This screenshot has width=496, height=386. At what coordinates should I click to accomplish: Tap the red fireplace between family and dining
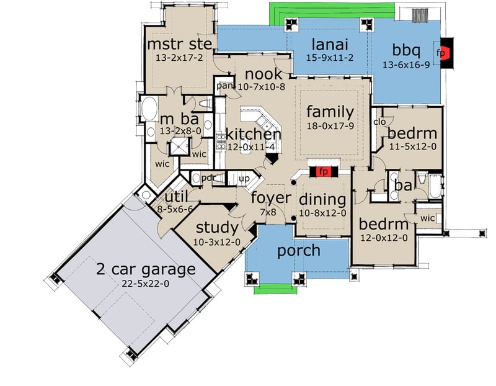pyautogui.click(x=322, y=171)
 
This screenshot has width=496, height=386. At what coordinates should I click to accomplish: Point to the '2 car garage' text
pyautogui.click(x=146, y=269)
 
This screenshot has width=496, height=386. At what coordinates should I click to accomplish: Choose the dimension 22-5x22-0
pyautogui.click(x=146, y=284)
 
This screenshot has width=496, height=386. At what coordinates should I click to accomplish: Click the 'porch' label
pyautogui.click(x=299, y=251)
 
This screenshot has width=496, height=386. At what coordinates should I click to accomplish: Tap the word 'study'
pyautogui.click(x=216, y=227)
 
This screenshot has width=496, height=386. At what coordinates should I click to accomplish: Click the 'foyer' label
pyautogui.click(x=271, y=199)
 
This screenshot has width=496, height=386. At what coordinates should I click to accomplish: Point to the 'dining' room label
pyautogui.click(x=322, y=200)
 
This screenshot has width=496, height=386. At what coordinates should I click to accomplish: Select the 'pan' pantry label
pyautogui.click(x=224, y=86)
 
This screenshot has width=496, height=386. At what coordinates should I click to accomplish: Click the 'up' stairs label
pyautogui.click(x=244, y=179)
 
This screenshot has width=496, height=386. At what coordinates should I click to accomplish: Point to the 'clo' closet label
pyautogui.click(x=380, y=122)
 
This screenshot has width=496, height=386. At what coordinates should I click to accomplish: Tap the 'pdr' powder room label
pyautogui.click(x=207, y=178)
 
